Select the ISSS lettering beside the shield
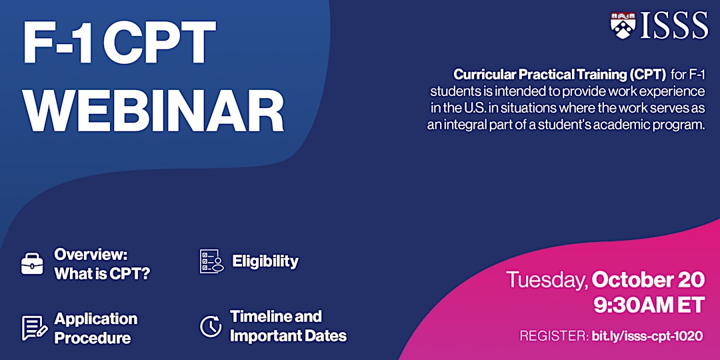tap(675, 26)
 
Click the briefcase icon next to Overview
tap(32, 263)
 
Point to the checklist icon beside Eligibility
tap(212, 261)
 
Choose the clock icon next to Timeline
tap(211, 325)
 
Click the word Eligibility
tap(265, 261)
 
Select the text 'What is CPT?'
tap(103, 274)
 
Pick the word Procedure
tap(92, 339)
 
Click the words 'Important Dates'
tap(289, 335)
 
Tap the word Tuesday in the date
tap(547, 281)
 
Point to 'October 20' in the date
tap(649, 279)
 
